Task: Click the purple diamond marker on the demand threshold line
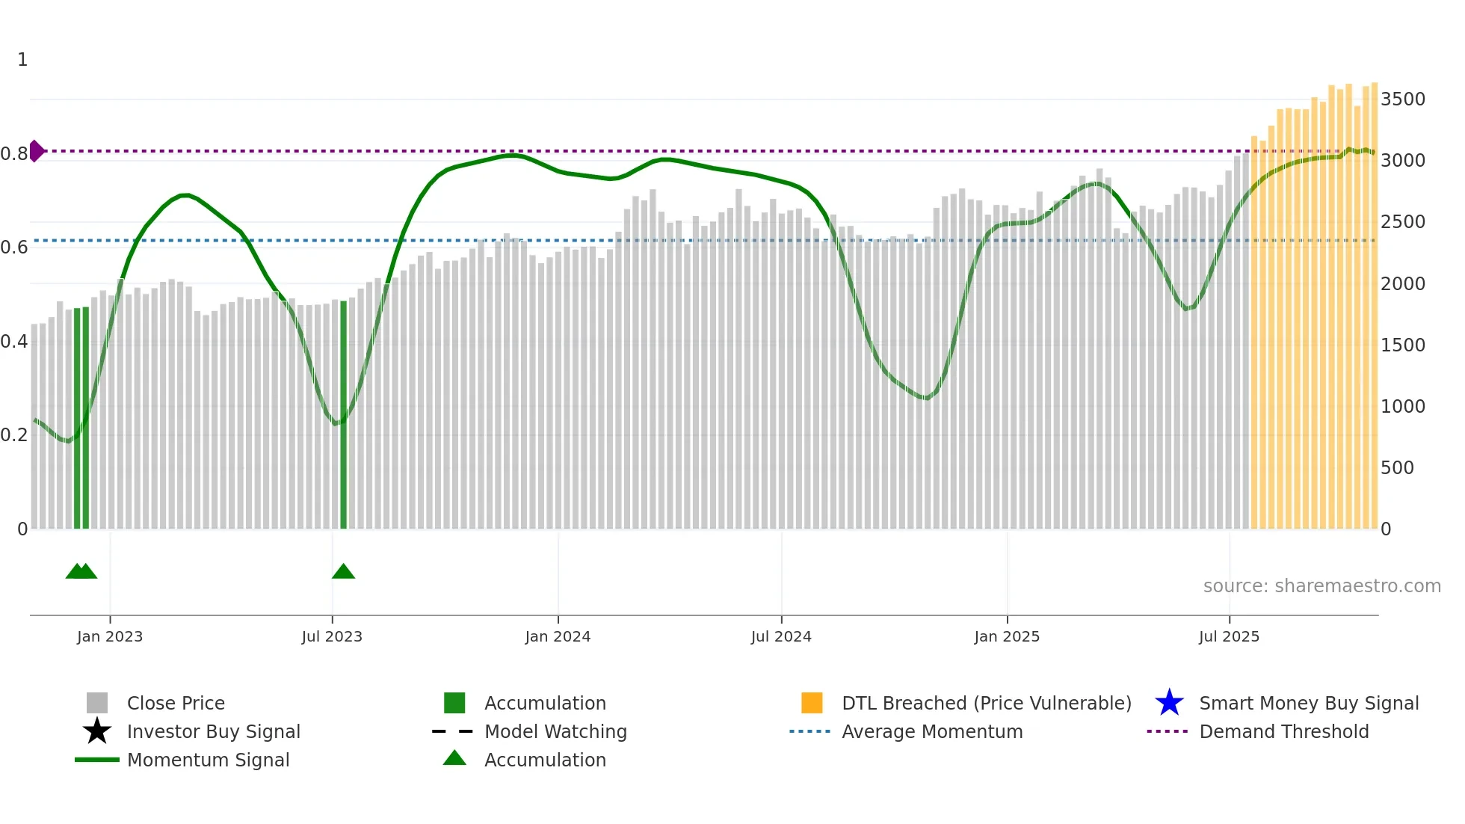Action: [x=36, y=151]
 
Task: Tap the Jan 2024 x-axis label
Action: [x=558, y=636]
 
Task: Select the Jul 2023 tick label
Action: [x=332, y=636]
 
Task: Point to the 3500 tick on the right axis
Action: [x=1403, y=99]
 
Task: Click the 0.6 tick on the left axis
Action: [x=14, y=247]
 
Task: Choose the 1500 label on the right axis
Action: [x=1403, y=345]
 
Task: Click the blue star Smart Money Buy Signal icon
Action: [x=1169, y=703]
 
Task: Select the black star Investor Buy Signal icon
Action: [x=97, y=731]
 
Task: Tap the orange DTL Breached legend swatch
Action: [x=812, y=703]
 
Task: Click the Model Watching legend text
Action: [x=555, y=731]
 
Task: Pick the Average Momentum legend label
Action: [x=932, y=731]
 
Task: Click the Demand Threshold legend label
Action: [x=1283, y=731]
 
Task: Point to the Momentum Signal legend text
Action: [x=208, y=760]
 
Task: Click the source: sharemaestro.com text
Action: [x=1321, y=586]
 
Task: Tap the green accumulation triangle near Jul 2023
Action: [x=343, y=572]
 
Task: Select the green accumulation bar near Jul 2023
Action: [x=344, y=415]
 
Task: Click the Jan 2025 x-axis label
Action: [x=1007, y=636]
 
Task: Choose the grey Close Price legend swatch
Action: [x=97, y=703]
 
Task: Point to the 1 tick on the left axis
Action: [x=22, y=60]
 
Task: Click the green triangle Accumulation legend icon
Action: [x=454, y=758]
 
